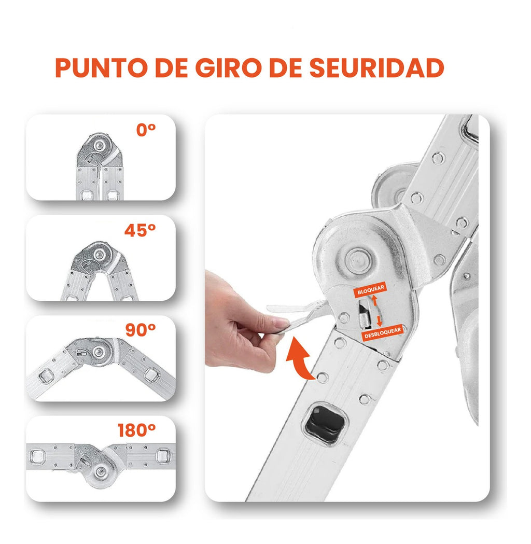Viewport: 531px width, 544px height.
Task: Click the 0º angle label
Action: [146, 130]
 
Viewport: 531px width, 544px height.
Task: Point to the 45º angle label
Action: [140, 230]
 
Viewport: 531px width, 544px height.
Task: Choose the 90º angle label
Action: [141, 330]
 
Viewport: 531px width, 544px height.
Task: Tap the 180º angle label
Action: [137, 430]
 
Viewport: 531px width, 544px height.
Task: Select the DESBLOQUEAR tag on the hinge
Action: [383, 336]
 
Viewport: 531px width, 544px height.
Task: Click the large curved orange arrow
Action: [300, 357]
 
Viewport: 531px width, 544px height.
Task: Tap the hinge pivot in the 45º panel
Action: [99, 254]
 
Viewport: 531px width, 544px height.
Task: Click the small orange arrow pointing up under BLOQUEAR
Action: [374, 302]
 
